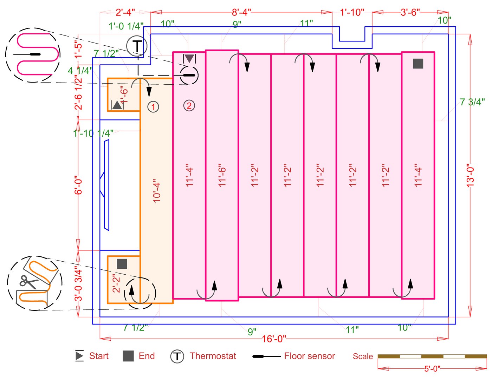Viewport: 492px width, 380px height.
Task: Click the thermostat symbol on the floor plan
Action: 137,46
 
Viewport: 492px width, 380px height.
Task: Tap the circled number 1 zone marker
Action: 153,106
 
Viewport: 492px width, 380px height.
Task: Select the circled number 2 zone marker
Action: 189,105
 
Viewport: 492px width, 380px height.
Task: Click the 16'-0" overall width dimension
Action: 274,339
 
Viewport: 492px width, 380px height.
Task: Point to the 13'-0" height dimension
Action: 471,176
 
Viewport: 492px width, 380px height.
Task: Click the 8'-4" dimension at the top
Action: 241,12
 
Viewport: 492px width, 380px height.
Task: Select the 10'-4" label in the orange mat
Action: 157,190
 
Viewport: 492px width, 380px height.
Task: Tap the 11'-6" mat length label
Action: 222,175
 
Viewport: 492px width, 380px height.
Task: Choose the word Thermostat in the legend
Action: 213,356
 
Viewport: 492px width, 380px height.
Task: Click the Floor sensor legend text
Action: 309,356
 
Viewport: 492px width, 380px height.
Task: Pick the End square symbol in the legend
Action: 128,356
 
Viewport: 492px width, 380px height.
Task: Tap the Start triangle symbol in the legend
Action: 79,356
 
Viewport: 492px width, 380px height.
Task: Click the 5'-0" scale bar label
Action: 432,369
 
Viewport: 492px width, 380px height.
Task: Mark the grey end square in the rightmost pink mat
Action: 418,64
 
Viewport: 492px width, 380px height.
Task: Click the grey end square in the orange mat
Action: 122,264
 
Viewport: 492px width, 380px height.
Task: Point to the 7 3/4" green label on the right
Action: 472,102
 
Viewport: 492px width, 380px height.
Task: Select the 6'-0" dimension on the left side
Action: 78,185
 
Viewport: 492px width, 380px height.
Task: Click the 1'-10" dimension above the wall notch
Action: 352,12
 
